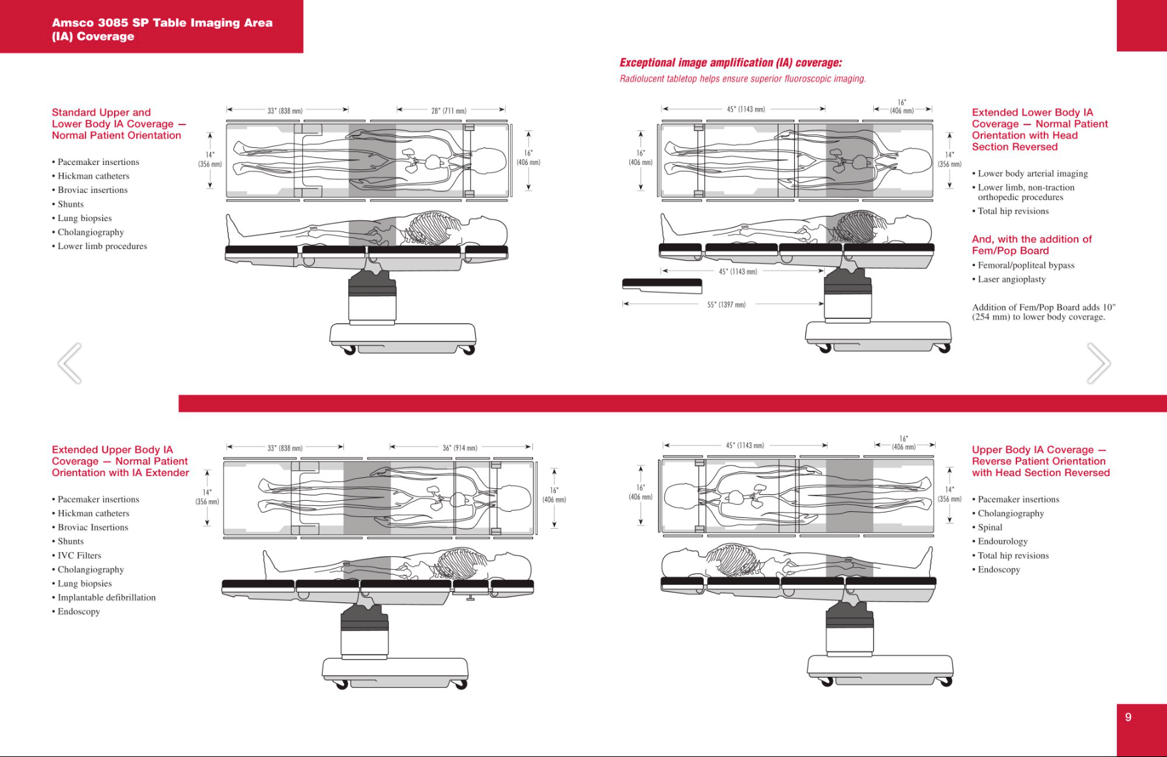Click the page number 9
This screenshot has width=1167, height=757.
pyautogui.click(x=1128, y=717)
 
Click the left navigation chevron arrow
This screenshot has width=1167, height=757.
pyautogui.click(x=70, y=363)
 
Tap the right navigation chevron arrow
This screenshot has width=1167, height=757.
pyautogui.click(x=1099, y=363)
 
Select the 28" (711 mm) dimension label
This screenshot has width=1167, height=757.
pyautogui.click(x=449, y=111)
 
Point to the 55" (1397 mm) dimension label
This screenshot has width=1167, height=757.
pyautogui.click(x=726, y=304)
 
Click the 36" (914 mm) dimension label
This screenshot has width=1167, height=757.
pyautogui.click(x=460, y=448)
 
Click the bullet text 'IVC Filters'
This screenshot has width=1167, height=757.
pyautogui.click(x=79, y=556)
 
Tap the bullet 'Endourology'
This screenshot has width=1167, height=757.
pyautogui.click(x=1002, y=541)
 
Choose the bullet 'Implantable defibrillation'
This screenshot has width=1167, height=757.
pyautogui.click(x=106, y=597)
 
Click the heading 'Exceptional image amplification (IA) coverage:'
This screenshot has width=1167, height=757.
pyautogui.click(x=730, y=63)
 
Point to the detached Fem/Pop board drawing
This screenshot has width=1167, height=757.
pyautogui.click(x=662, y=286)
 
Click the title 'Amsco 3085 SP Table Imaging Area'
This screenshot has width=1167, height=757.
pyautogui.click(x=162, y=23)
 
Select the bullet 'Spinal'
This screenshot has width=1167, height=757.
pyautogui.click(x=990, y=527)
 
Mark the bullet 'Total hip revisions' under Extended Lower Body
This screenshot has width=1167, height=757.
pyautogui.click(x=1013, y=211)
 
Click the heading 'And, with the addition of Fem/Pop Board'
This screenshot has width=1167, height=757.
pyautogui.click(x=1031, y=245)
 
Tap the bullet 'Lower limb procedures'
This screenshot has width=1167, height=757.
pyautogui.click(x=102, y=246)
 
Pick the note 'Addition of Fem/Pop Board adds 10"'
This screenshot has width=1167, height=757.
pyautogui.click(x=1043, y=308)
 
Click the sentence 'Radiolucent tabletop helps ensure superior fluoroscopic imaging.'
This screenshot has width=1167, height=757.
pyautogui.click(x=743, y=79)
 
